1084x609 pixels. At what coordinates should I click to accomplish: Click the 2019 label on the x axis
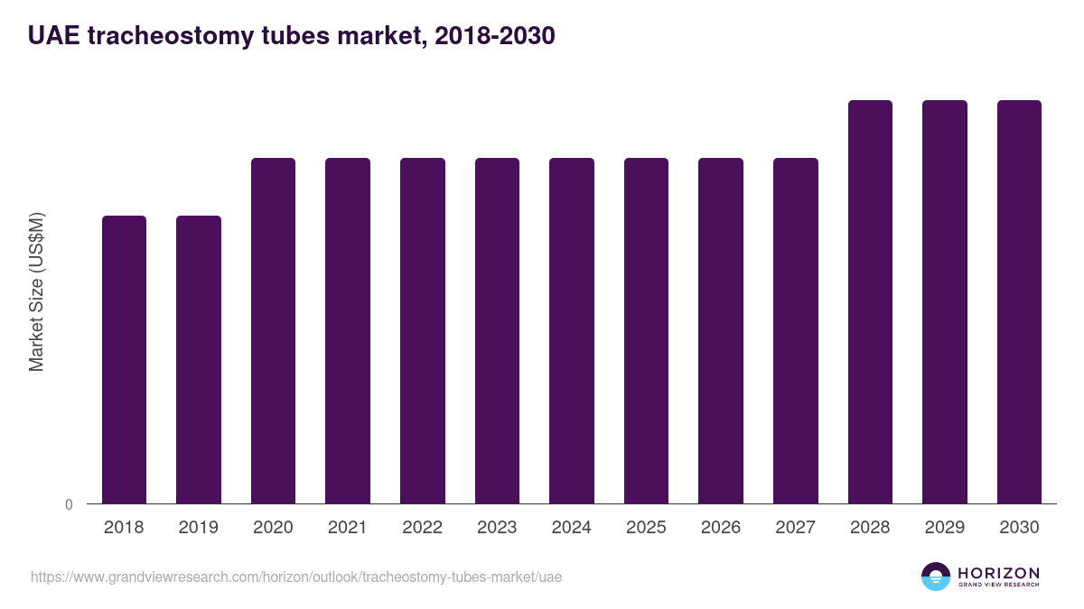click(x=198, y=528)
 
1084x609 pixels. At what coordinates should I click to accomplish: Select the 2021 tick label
click(x=348, y=528)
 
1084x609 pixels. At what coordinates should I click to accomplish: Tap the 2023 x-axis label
click(x=497, y=528)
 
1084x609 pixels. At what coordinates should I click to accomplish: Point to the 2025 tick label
click(x=646, y=528)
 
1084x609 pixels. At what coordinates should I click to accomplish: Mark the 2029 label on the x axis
click(x=944, y=528)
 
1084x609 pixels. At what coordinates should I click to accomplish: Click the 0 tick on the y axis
click(x=69, y=505)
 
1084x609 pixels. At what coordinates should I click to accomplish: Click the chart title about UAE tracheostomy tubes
click(x=291, y=36)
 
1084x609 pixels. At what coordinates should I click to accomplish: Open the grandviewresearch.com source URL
click(x=296, y=577)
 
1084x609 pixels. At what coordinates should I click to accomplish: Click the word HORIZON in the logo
click(x=998, y=573)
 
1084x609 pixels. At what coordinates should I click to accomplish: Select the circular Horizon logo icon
click(x=936, y=577)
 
